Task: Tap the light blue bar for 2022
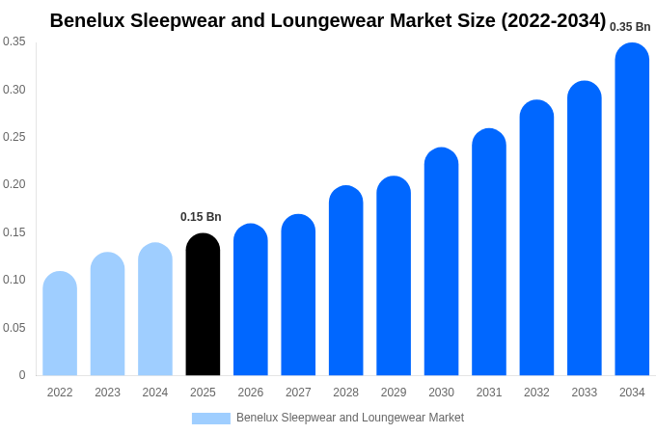[60, 324]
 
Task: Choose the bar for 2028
[345, 281]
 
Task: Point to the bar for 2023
[107, 314]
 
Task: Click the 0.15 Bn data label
[201, 217]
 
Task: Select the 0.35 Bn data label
[630, 27]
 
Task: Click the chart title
[328, 20]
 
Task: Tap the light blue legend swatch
[211, 418]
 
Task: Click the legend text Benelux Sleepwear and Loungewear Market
[350, 418]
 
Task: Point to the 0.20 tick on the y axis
[14, 184]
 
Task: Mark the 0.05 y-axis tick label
[14, 328]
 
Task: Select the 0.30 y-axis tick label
[14, 90]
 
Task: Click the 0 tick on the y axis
[22, 375]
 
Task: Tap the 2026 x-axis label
[251, 393]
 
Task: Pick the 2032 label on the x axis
[536, 393]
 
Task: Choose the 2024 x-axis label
[155, 393]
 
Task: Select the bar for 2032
[536, 238]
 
